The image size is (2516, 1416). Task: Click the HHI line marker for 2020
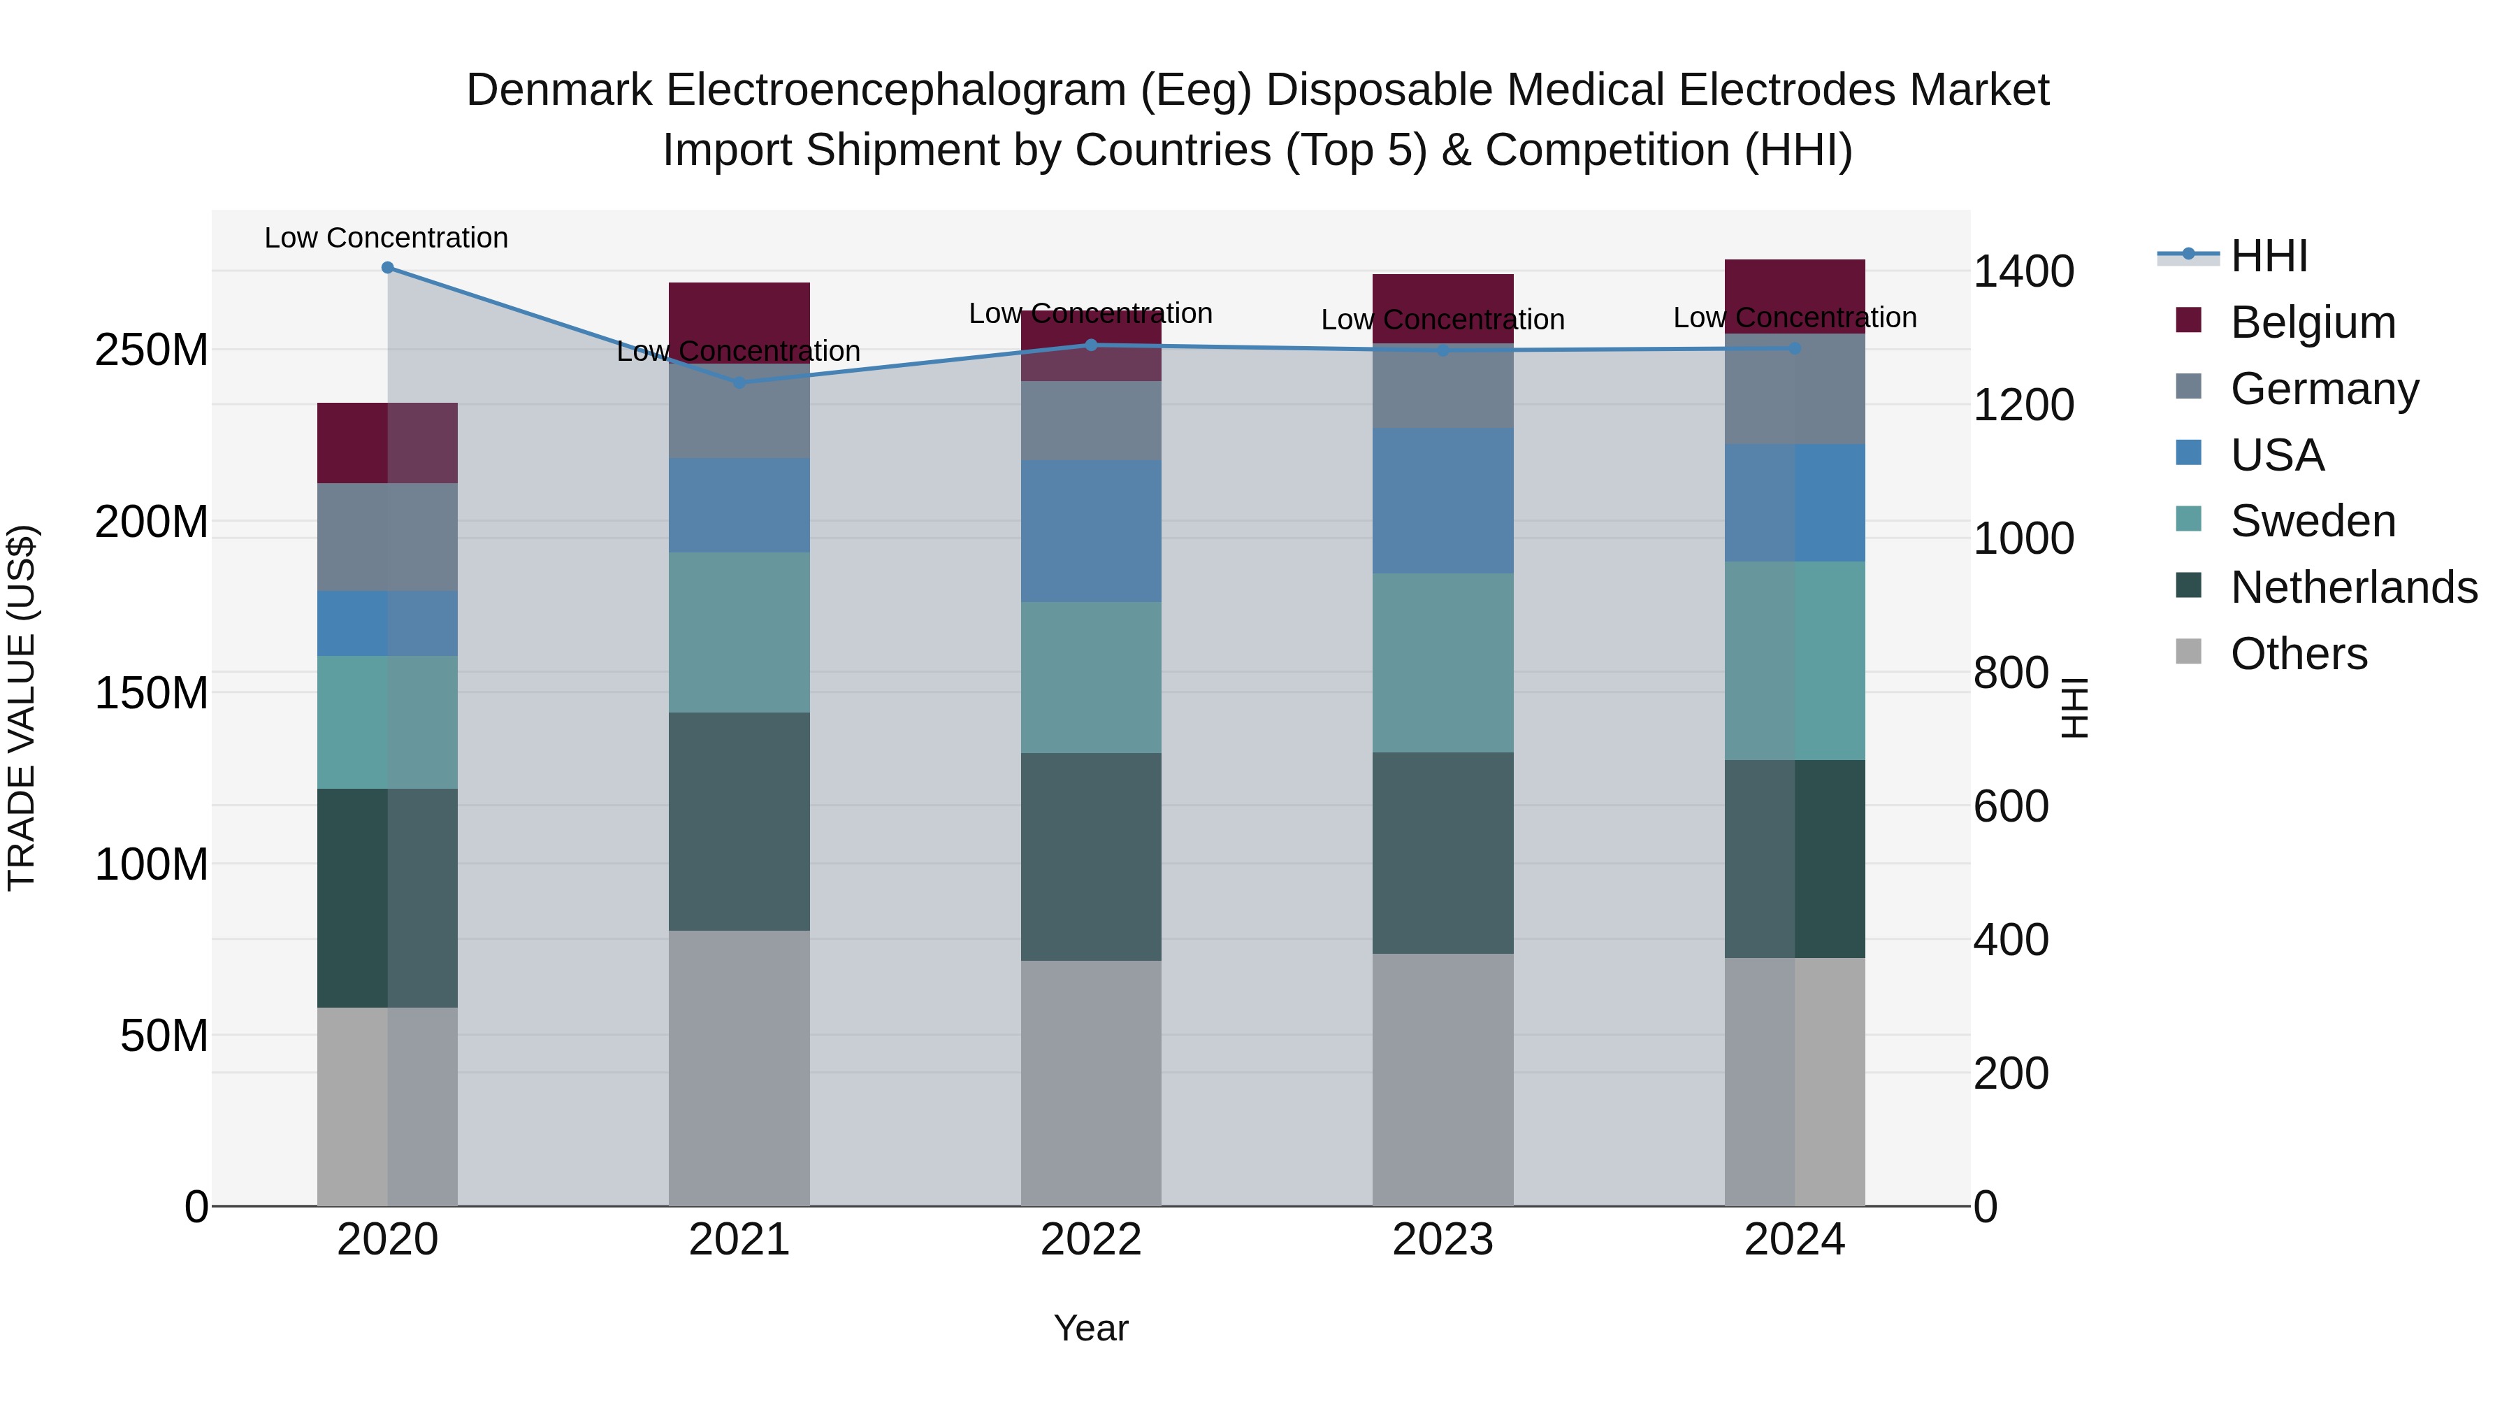pos(388,268)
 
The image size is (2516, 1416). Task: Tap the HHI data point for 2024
pos(1795,349)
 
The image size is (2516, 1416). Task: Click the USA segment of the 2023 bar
pos(1443,501)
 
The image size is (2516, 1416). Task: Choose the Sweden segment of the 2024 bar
pos(1795,661)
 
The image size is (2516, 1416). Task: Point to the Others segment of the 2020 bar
pos(388,1106)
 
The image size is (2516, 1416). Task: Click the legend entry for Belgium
pos(2313,322)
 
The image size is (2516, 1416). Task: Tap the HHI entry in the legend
pos(2269,256)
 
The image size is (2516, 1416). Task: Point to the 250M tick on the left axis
pos(152,350)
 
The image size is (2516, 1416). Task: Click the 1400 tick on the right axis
pos(2024,272)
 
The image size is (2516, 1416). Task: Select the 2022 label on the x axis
pos(1091,1240)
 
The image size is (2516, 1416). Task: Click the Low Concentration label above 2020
pos(386,238)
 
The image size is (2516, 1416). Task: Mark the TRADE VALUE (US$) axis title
pos(22,708)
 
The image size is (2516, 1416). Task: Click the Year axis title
pos(1091,1328)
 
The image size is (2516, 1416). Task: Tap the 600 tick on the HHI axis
pos(2011,807)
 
